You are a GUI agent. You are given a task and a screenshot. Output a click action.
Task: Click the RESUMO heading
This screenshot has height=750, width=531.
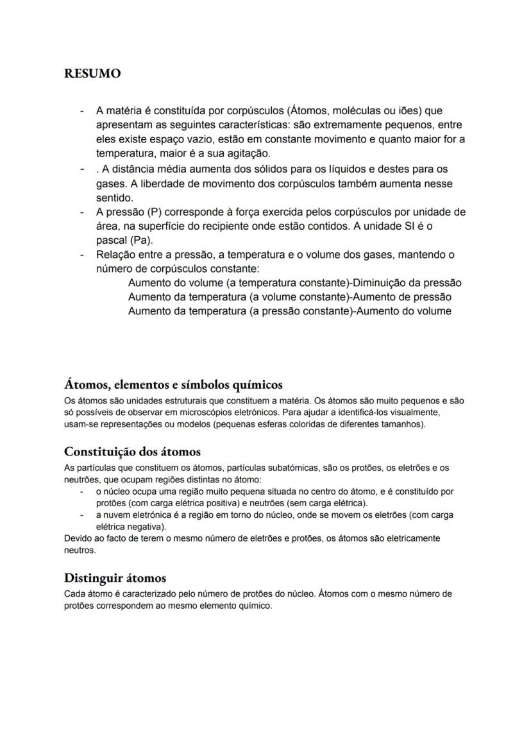[x=92, y=74]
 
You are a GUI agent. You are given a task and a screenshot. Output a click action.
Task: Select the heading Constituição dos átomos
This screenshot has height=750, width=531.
[x=132, y=452]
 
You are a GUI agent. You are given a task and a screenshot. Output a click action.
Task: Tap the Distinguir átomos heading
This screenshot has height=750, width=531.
[x=115, y=579]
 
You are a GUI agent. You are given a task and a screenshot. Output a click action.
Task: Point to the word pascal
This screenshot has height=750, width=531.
[x=112, y=241]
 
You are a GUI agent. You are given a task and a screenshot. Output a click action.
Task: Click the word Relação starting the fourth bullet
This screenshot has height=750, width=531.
[x=115, y=255]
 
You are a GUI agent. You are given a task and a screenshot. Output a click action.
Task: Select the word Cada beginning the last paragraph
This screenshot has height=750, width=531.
[x=75, y=594]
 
